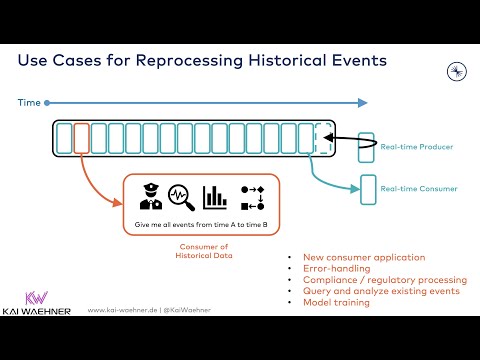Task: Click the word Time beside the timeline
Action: coord(29,102)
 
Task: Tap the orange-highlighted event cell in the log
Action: coord(82,137)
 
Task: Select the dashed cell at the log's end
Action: coord(322,137)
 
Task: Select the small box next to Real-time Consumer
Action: coord(368,187)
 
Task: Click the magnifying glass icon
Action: coord(180,196)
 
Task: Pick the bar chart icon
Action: coord(214,196)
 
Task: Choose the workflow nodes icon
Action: coord(249,196)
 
